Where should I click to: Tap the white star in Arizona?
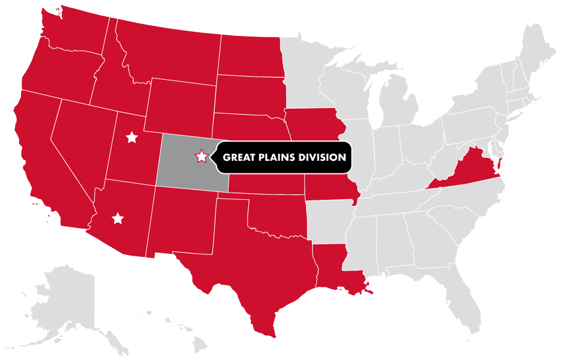[118, 218]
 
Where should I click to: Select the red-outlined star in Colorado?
[202, 157]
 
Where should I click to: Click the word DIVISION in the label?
[325, 158]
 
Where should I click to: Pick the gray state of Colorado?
[180, 174]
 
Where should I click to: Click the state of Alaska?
[66, 300]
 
